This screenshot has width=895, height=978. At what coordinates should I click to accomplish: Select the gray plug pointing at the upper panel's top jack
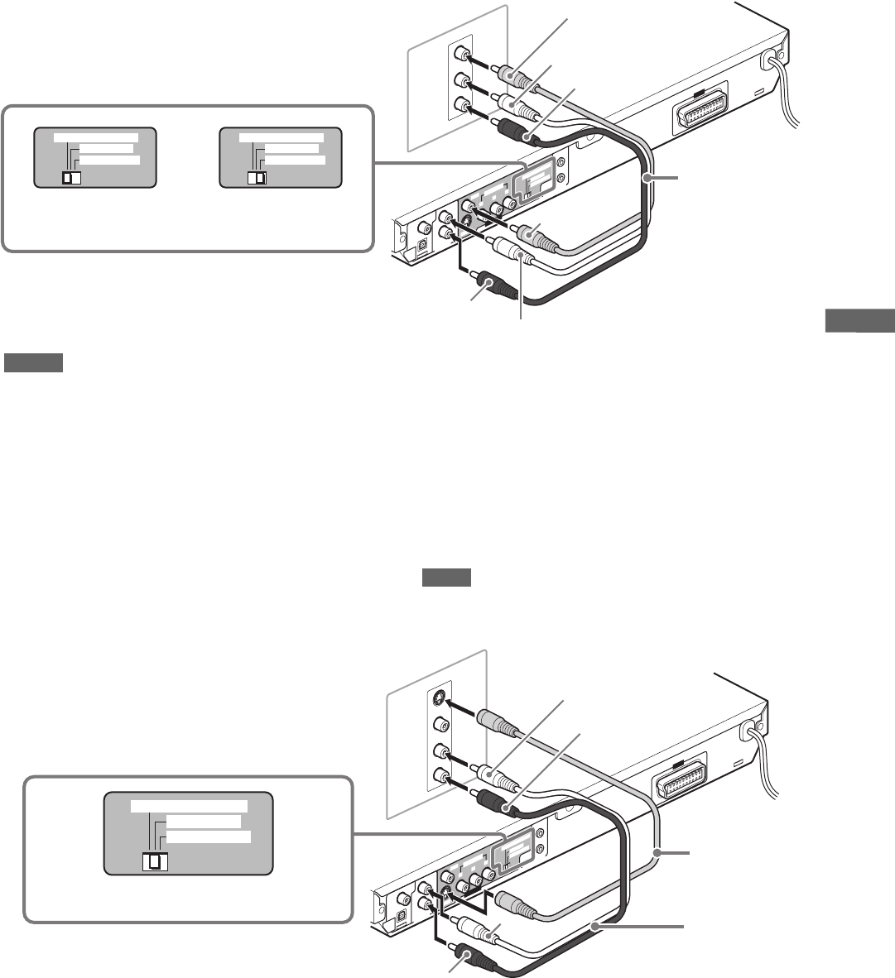click(x=513, y=77)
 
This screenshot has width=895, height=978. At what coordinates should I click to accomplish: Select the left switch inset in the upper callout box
click(x=94, y=160)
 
